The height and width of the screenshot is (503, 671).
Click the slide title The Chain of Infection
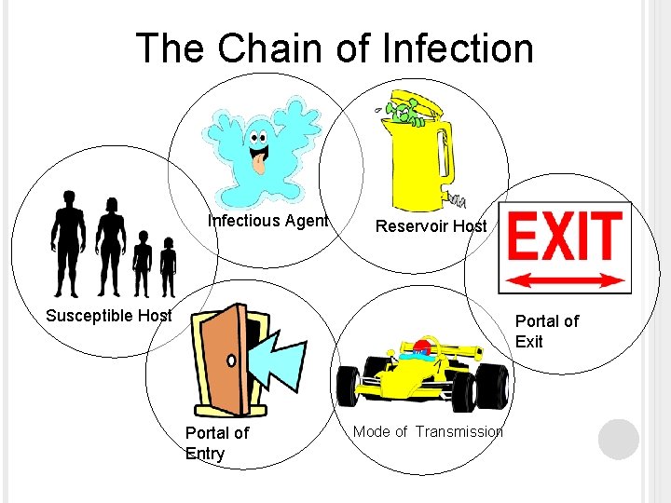click(335, 48)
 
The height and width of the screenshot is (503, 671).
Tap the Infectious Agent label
click(267, 221)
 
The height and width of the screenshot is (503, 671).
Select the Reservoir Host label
click(431, 226)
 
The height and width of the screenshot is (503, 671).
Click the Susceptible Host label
click(109, 315)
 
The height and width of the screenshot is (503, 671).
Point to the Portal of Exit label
click(547, 331)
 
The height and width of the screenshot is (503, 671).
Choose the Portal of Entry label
click(216, 442)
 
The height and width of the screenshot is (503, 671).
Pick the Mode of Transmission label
click(428, 430)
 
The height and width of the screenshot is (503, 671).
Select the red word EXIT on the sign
click(565, 237)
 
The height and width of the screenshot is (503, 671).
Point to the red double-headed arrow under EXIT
click(566, 279)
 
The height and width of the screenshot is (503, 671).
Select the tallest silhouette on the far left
click(68, 240)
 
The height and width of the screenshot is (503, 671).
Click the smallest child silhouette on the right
click(168, 266)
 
